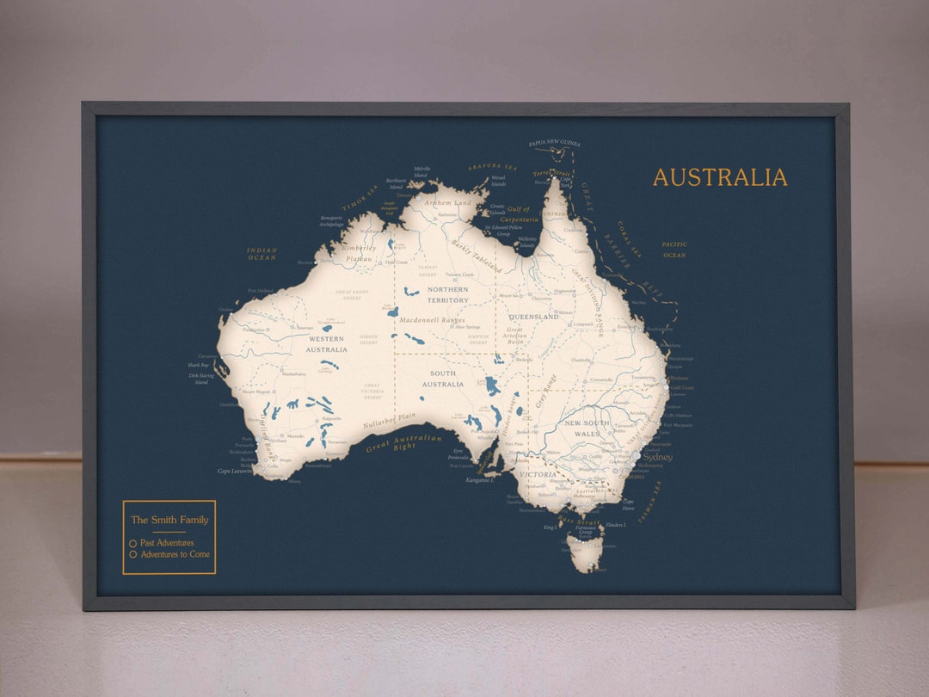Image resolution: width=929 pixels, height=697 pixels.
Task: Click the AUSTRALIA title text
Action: tap(720, 177)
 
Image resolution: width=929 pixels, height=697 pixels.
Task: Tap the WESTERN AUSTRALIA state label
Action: tap(327, 344)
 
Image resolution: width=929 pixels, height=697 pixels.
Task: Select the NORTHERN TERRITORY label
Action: tap(448, 295)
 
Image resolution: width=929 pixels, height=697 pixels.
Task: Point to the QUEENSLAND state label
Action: tap(533, 317)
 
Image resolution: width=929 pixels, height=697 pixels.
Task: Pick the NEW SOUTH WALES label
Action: tap(588, 429)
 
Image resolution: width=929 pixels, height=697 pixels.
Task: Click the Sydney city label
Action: tap(658, 458)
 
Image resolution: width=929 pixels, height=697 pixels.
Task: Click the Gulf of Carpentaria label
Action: tap(519, 214)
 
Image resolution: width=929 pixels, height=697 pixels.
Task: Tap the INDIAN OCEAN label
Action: tap(261, 254)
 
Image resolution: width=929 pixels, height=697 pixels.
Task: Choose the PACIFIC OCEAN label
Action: tap(674, 250)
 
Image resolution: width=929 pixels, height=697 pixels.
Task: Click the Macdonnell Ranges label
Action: tap(431, 320)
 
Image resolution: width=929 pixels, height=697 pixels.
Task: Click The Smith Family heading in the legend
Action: tap(169, 520)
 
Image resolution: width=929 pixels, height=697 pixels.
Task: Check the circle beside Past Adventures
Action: tap(132, 544)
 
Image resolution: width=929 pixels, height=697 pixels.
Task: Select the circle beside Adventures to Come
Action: tap(132, 555)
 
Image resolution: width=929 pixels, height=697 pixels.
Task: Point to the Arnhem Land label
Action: tap(448, 203)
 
